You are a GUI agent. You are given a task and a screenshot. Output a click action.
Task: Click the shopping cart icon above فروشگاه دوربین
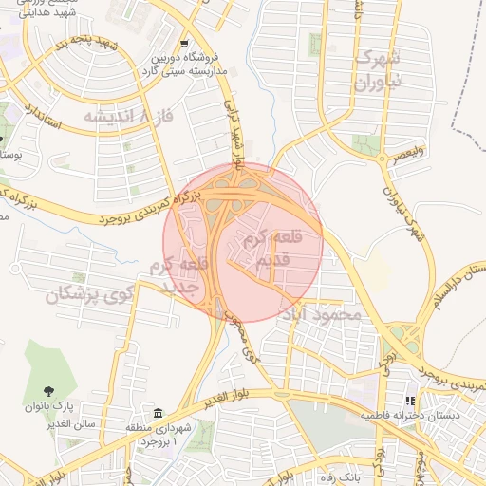[184, 44]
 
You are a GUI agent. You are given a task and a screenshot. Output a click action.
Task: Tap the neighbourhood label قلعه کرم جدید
[178, 275]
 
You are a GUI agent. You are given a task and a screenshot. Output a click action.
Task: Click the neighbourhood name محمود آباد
[332, 314]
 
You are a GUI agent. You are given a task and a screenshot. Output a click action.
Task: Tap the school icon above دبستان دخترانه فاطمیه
[410, 402]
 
